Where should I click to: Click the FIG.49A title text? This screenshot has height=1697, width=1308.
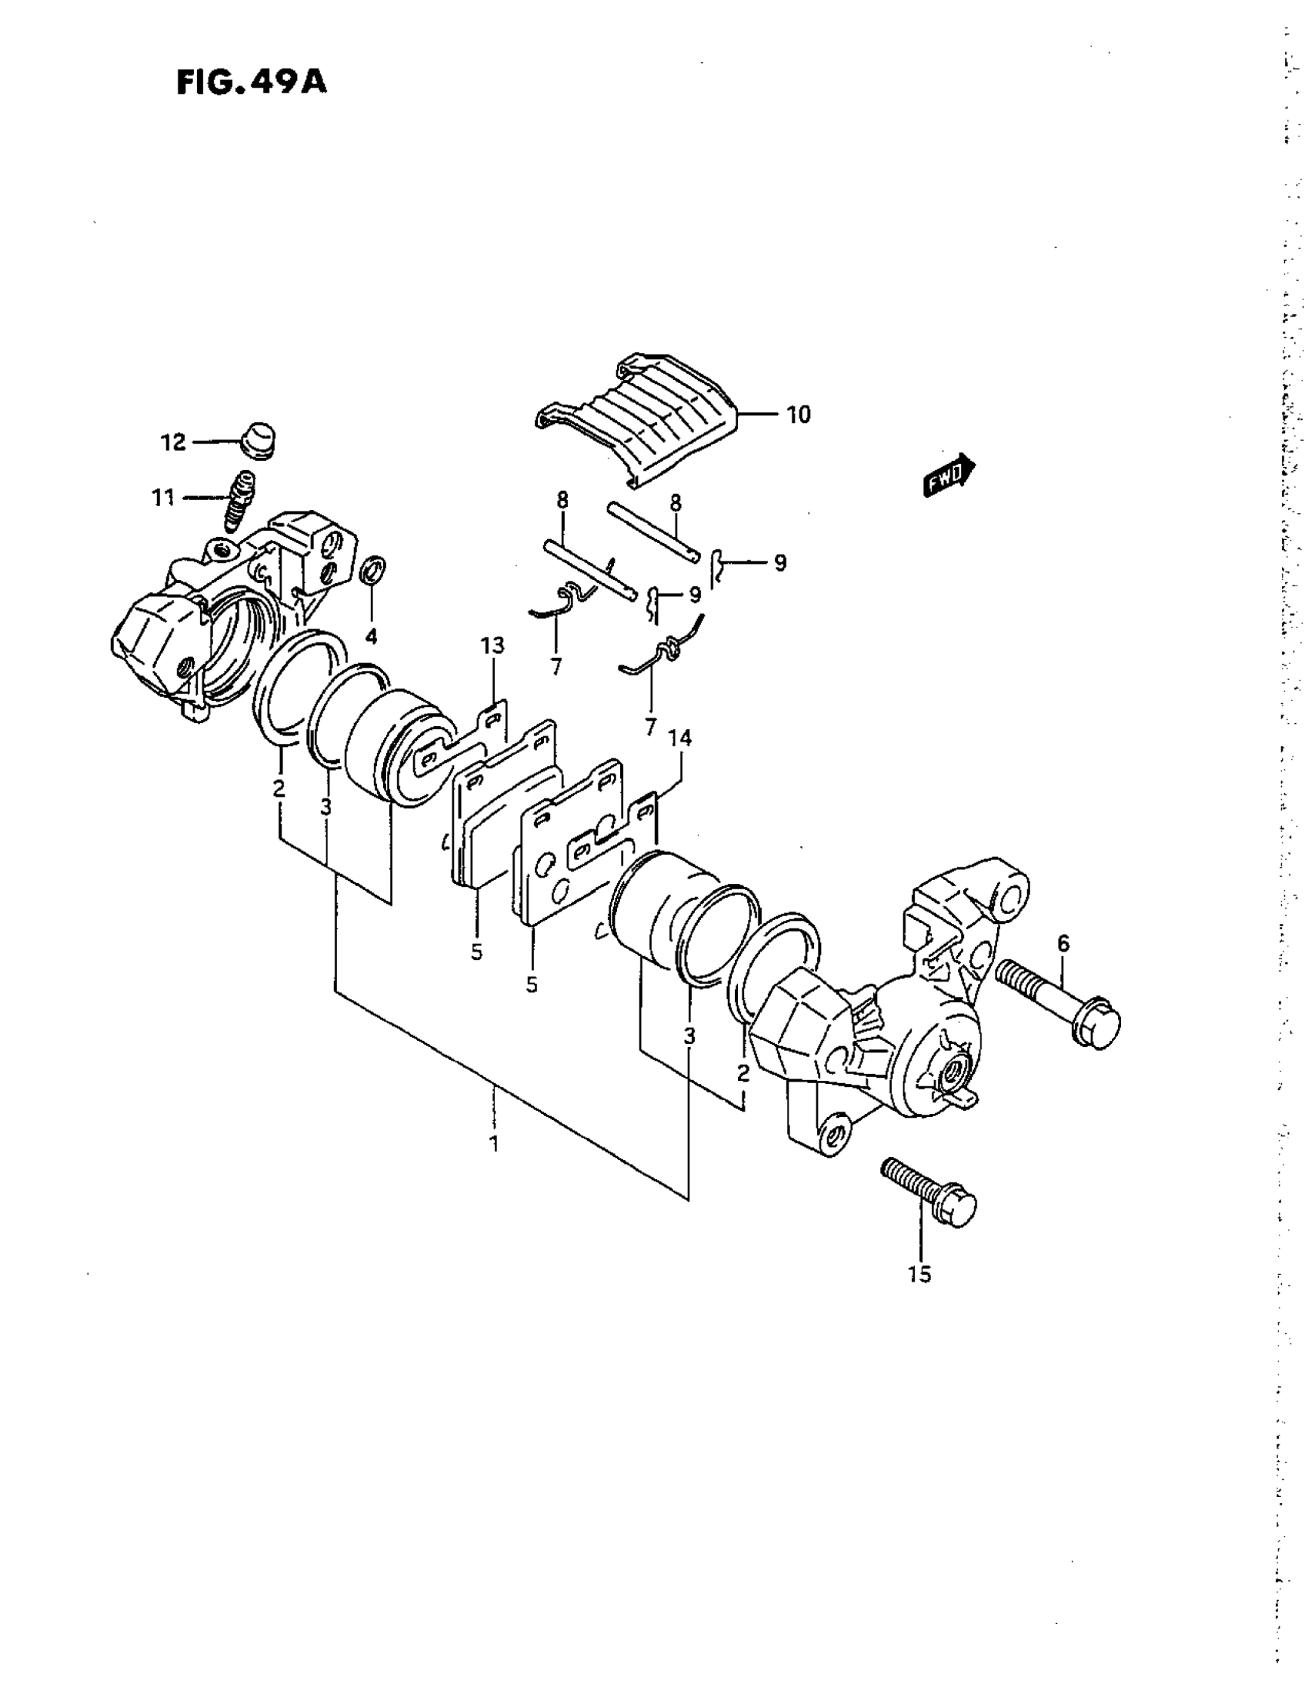pos(251,82)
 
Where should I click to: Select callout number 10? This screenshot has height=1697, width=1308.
pos(798,415)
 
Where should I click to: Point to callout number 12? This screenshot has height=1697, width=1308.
pos(172,442)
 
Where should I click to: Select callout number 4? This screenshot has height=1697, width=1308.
pos(372,637)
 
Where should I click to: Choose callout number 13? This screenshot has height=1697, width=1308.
pos(492,645)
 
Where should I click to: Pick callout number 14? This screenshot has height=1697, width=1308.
pos(680,738)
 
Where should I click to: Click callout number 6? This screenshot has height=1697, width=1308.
pos(1063,943)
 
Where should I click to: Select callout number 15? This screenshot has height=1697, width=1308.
pos(919,1275)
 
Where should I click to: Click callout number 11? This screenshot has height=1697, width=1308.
pos(163,497)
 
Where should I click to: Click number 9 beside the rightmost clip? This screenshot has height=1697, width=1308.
pos(779,562)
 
